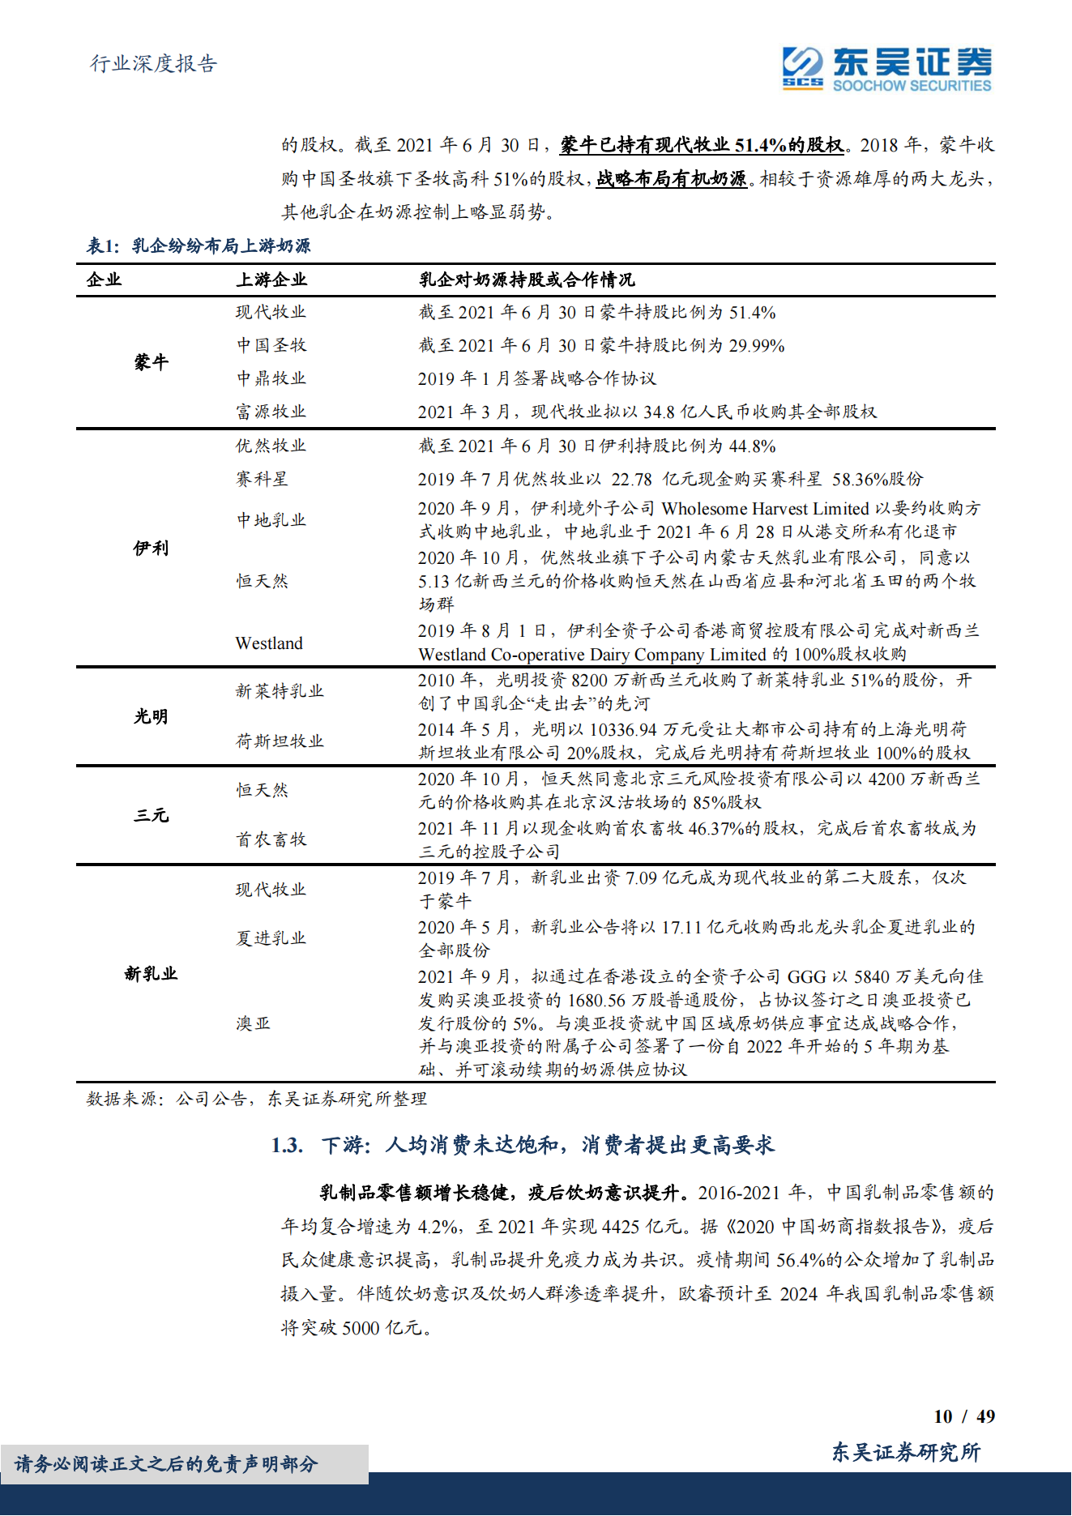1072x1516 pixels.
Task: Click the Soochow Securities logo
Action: point(886,69)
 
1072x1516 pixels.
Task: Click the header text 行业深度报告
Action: point(153,64)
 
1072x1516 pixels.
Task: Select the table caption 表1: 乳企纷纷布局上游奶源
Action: point(199,246)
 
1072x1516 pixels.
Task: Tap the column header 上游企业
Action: point(271,280)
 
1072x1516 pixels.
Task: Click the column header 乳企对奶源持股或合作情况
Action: point(527,280)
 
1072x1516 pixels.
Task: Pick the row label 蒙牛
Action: point(152,362)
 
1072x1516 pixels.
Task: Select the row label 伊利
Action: point(152,548)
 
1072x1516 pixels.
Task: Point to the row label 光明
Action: point(152,716)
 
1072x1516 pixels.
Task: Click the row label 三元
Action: point(152,815)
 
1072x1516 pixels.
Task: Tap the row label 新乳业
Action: point(152,973)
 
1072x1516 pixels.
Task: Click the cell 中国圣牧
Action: point(271,345)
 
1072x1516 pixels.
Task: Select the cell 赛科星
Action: point(262,479)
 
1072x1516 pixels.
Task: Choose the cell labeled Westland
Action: point(269,643)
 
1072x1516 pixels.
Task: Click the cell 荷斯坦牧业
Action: point(280,741)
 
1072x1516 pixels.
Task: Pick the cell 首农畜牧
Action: point(271,839)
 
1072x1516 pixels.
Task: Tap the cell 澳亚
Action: point(253,1023)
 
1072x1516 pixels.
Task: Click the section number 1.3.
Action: point(287,1145)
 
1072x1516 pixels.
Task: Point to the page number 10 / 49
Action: point(964,1416)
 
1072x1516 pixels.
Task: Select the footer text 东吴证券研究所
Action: point(906,1452)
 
